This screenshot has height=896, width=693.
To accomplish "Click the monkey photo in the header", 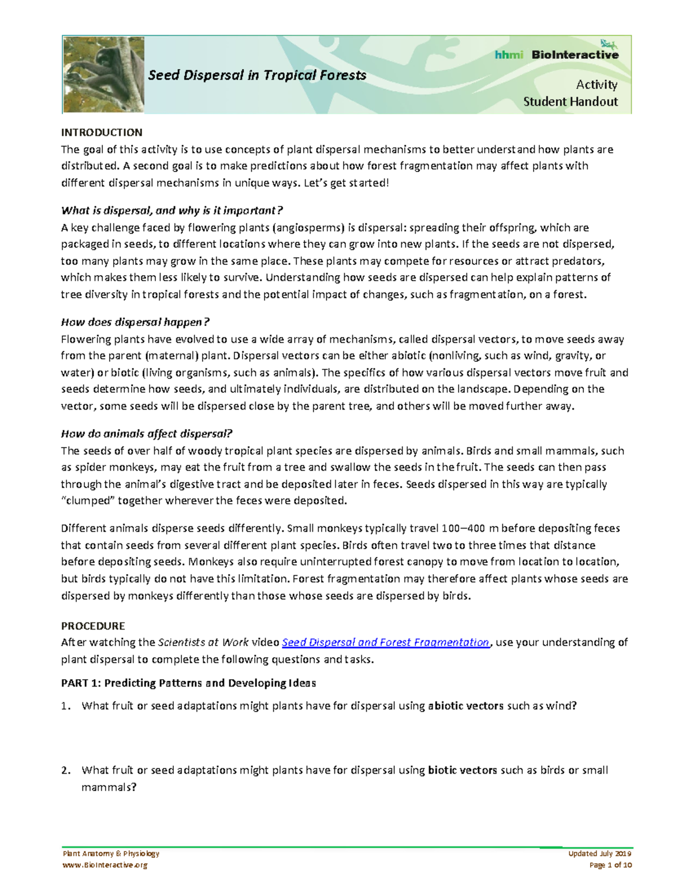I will (x=103, y=74).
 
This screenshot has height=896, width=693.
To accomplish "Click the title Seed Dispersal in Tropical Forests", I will (x=257, y=75).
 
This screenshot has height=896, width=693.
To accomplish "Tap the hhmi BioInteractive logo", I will (x=556, y=54).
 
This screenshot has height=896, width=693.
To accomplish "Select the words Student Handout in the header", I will (x=570, y=102).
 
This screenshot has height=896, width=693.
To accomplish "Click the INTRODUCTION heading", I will (x=102, y=132).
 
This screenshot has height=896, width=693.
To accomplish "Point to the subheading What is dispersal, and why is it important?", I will (x=172, y=211).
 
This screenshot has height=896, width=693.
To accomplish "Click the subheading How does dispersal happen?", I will (x=135, y=322).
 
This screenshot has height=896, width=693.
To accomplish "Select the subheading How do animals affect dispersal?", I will (x=147, y=434).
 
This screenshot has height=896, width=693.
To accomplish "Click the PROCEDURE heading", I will (x=93, y=625).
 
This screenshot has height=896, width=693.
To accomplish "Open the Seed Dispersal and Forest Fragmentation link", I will (x=385, y=642).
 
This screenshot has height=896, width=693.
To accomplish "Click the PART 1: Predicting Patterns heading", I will (x=188, y=683).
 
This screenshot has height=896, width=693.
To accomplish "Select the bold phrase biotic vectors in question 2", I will (x=462, y=770).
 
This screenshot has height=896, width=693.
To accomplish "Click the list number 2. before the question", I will (x=66, y=770).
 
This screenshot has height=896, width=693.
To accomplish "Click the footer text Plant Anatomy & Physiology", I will (x=111, y=853).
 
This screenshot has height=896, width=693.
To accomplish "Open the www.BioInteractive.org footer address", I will (x=105, y=865).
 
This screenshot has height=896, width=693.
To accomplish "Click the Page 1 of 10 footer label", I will (x=610, y=865).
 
